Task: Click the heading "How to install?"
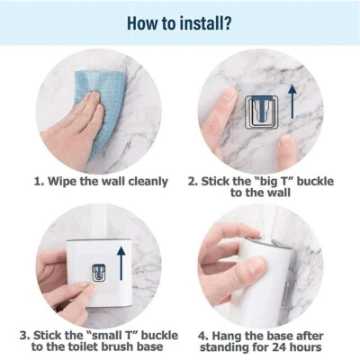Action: point(179,21)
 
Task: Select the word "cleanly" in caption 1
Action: point(145,181)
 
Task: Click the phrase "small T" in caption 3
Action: point(101,334)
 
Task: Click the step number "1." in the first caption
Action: point(40,181)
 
